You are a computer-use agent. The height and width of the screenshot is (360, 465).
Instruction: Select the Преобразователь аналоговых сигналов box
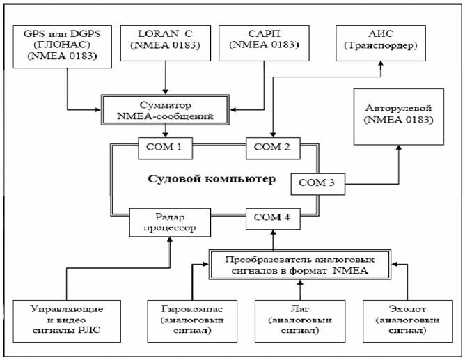pos(299,265)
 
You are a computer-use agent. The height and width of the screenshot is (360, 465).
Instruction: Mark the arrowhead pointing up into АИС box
pos(380,63)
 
